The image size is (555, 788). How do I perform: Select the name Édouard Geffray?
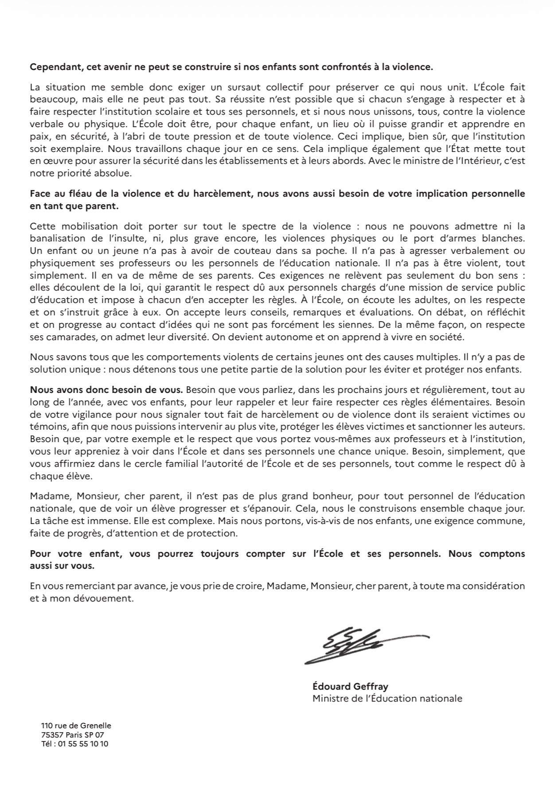(x=350, y=687)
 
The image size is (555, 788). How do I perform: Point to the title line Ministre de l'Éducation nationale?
(x=387, y=699)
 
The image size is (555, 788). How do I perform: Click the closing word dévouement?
(x=105, y=598)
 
